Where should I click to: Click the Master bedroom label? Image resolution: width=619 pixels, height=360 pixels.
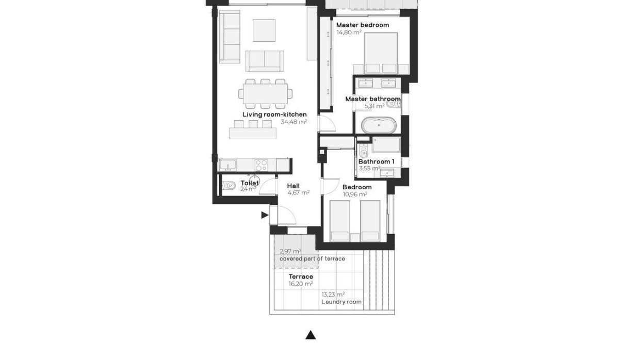(362, 25)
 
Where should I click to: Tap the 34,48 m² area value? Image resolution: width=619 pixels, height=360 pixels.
(294, 122)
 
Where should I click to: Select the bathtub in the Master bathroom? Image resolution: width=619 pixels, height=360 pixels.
(380, 125)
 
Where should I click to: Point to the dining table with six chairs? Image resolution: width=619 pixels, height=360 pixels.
(265, 93)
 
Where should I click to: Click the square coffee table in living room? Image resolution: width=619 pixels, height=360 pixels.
(264, 30)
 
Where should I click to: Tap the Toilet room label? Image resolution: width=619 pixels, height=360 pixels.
(249, 183)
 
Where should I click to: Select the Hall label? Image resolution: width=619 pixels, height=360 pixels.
(294, 186)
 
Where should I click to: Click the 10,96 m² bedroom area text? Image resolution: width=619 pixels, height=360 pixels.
(354, 194)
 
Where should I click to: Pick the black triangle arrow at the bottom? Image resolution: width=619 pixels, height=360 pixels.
(310, 335)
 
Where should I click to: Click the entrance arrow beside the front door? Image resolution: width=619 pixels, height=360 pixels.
(265, 215)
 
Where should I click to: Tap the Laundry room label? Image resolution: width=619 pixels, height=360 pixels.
(341, 302)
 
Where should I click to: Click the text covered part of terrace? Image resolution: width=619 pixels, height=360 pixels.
(312, 258)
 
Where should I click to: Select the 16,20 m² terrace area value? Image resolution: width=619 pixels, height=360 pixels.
(300, 284)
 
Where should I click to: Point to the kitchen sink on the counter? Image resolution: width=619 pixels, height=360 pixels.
(227, 165)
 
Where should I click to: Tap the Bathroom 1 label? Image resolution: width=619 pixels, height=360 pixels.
(376, 161)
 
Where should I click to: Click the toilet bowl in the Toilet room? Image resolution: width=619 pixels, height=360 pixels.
(230, 185)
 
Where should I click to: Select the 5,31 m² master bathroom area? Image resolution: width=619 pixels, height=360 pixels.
(374, 106)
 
